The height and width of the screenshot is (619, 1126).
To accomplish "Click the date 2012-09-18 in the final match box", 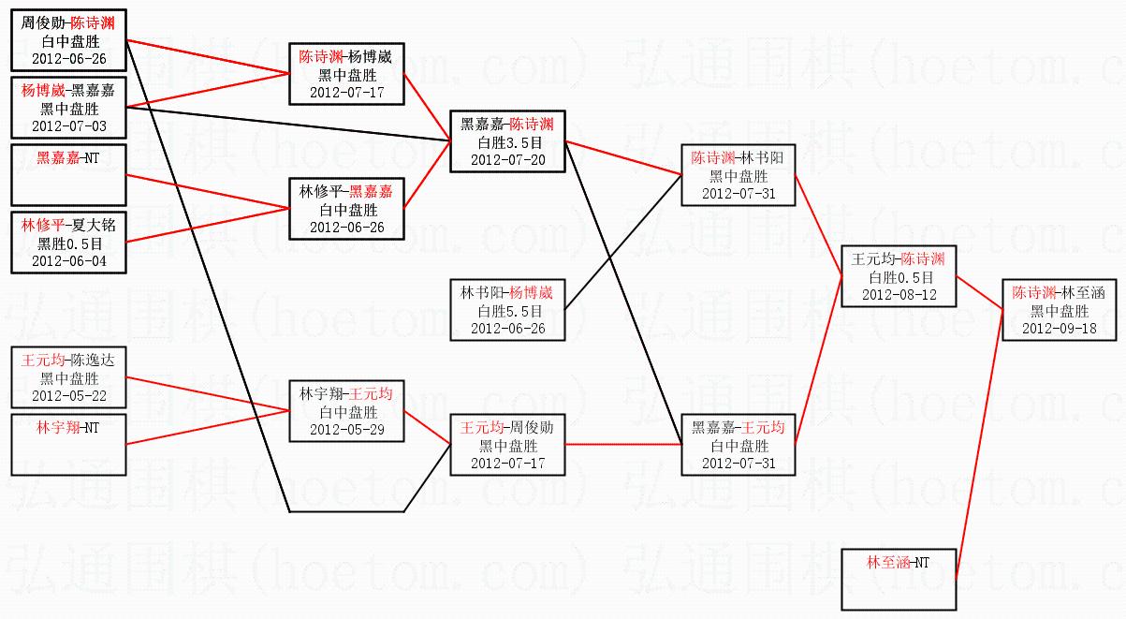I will [1060, 329].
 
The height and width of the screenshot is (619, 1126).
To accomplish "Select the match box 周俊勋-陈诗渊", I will [68, 40].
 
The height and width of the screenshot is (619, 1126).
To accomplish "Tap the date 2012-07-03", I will [68, 125].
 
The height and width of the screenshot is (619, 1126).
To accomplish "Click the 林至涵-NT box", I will [898, 578].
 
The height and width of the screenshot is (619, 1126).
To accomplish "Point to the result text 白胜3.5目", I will [508, 142].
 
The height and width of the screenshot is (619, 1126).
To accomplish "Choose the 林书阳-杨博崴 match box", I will [508, 309].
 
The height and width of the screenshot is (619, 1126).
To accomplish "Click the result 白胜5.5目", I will [508, 310].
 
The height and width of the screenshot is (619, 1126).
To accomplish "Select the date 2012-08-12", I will [898, 294].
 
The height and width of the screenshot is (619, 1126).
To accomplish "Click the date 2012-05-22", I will [68, 396].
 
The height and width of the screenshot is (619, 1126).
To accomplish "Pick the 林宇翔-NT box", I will [68, 444].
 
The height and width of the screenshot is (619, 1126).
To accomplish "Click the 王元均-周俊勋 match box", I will [508, 445].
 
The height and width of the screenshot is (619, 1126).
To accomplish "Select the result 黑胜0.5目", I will [68, 243].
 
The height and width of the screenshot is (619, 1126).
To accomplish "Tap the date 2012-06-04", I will [68, 261].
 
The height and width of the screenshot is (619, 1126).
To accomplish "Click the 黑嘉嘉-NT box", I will [68, 175].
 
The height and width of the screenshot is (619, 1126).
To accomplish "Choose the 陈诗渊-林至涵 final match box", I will [1060, 310].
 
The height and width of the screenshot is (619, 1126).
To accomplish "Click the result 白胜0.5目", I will [898, 277].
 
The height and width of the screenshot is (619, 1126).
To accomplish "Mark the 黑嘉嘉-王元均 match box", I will [738, 445].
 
